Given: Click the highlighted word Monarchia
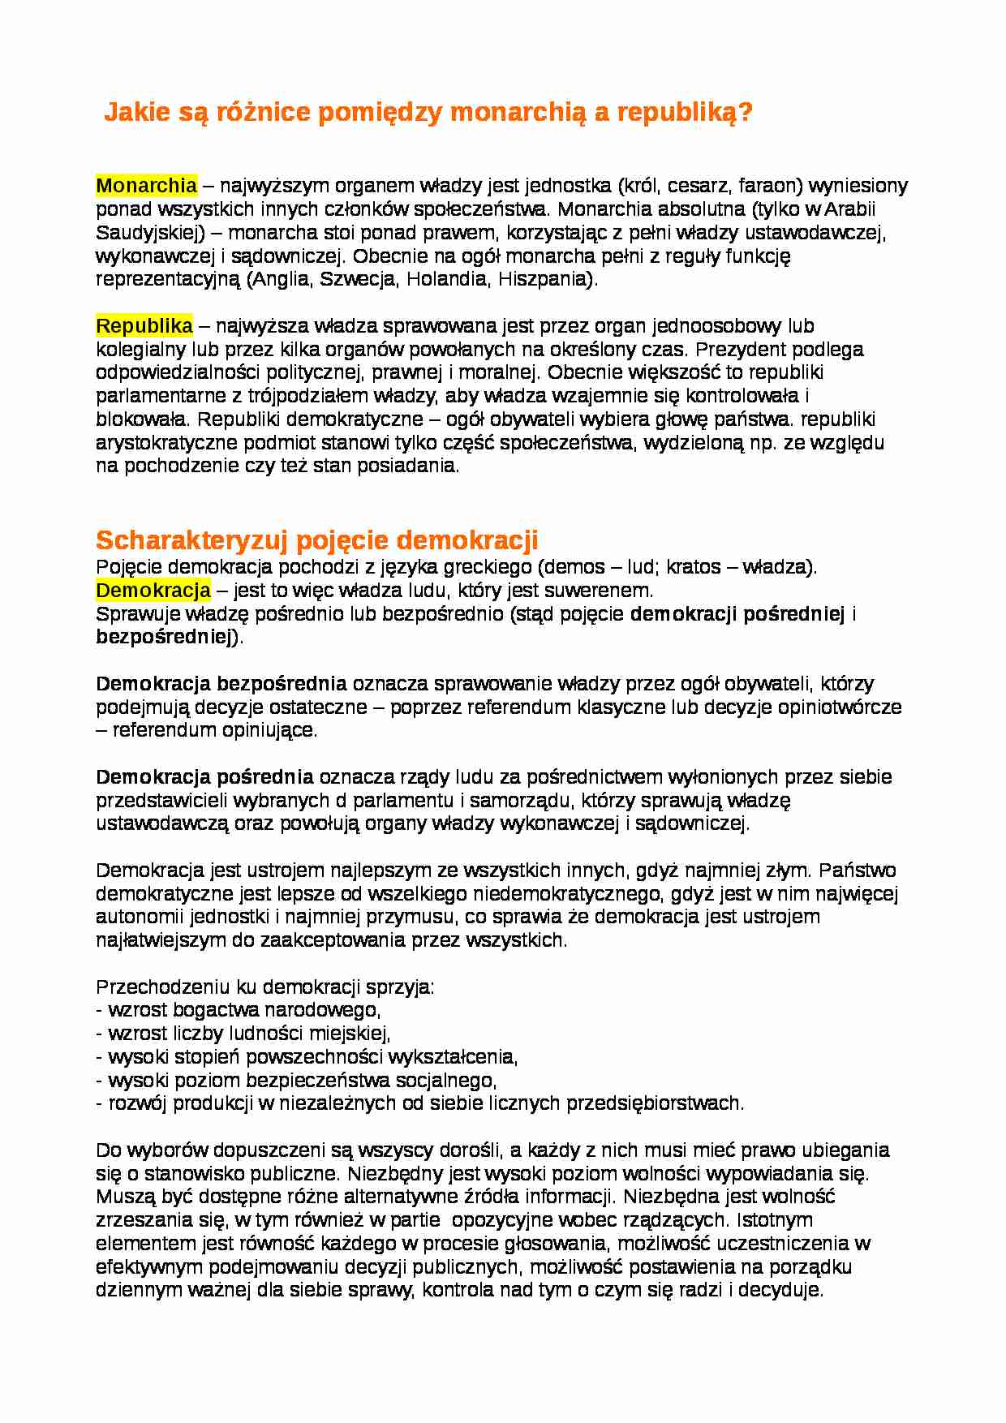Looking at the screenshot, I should [146, 186].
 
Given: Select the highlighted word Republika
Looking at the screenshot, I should [144, 326].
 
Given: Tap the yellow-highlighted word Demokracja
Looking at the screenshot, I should [153, 590].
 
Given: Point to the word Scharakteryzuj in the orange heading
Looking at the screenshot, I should [192, 540].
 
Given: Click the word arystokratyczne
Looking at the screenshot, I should [165, 443].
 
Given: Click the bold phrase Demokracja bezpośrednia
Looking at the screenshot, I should [221, 683].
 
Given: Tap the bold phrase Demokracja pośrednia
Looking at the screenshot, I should [204, 777].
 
